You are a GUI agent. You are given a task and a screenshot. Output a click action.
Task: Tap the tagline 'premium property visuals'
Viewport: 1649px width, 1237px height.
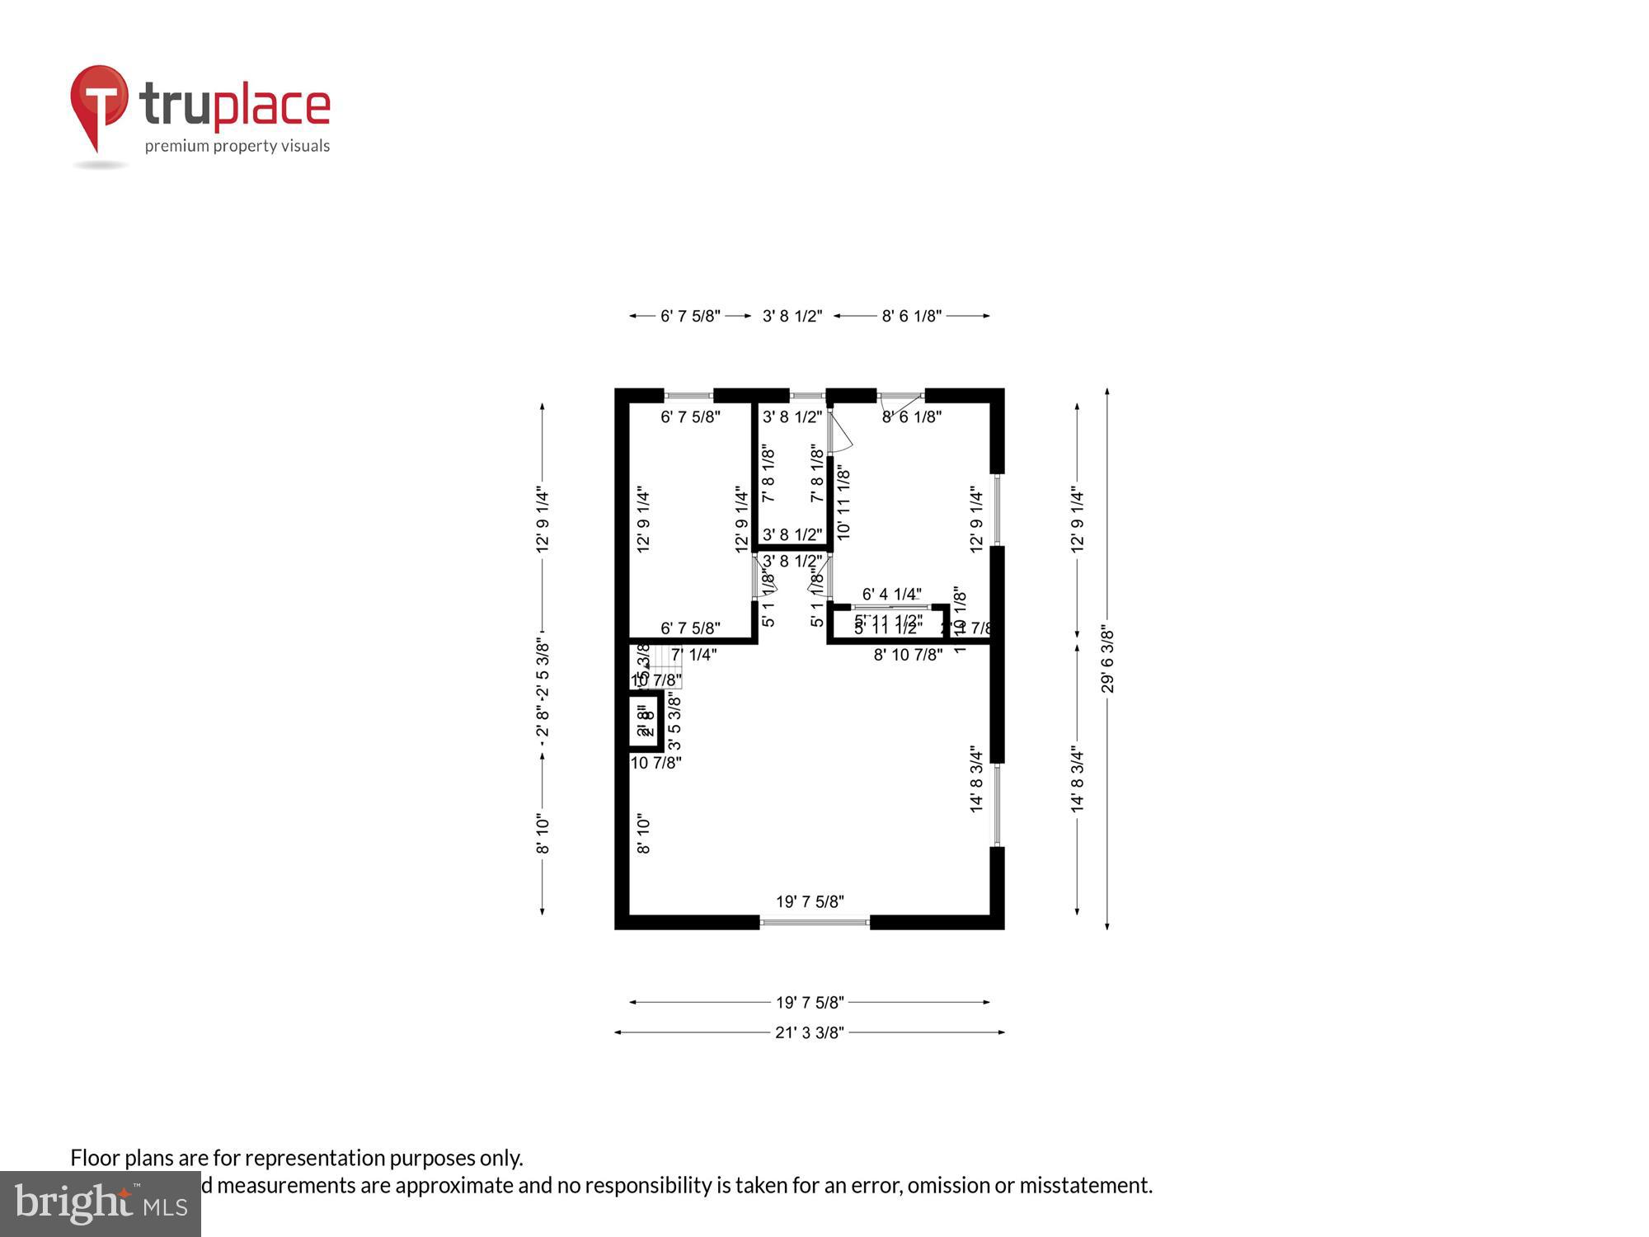tap(237, 146)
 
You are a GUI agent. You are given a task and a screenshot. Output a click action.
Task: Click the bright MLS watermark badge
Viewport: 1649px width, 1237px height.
tap(101, 1204)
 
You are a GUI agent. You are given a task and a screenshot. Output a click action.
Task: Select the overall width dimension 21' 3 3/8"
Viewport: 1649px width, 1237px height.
tap(809, 1032)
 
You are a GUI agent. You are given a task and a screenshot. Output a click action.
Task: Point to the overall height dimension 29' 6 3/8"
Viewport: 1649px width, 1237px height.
tap(1107, 660)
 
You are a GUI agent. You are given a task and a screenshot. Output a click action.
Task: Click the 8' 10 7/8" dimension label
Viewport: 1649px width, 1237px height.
tap(908, 655)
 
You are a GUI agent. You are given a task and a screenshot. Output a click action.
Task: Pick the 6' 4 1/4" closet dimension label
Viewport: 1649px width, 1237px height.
tap(891, 594)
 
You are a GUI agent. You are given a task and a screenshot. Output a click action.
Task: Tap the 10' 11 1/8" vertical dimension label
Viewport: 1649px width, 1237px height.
tap(843, 503)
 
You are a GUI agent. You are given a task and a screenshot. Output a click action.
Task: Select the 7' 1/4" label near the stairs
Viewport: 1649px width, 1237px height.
tap(693, 655)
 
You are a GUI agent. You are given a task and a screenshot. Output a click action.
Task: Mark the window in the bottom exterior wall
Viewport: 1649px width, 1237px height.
tap(815, 922)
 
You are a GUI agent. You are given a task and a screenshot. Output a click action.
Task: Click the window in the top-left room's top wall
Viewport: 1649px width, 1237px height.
tap(688, 396)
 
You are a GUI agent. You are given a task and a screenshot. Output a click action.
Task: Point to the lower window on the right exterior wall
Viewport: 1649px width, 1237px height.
tap(997, 805)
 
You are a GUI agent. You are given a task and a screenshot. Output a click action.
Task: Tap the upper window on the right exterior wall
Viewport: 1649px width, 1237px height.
tap(997, 510)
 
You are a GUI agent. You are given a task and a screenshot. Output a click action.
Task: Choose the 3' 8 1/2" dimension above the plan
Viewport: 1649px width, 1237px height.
tap(792, 316)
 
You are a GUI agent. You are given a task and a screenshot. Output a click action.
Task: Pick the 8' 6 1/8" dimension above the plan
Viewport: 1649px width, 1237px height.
tap(911, 316)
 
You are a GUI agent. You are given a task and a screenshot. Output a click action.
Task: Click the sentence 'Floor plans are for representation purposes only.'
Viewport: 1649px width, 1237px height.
tap(297, 1158)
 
